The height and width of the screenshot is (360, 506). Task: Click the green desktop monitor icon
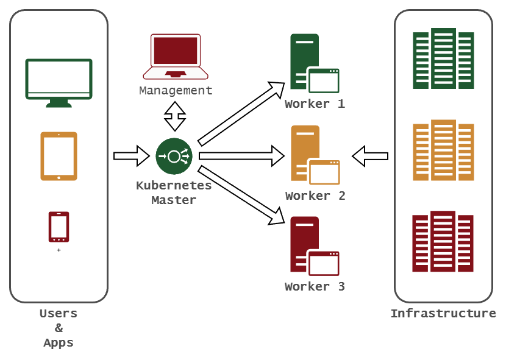[x=59, y=82]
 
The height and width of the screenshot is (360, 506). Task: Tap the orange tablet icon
[x=59, y=156]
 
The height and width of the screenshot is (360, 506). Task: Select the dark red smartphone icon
[x=59, y=227]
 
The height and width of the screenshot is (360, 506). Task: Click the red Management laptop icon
[x=176, y=57]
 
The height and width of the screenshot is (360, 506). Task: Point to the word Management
[x=176, y=91]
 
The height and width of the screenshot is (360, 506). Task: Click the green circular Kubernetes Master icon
[x=174, y=157]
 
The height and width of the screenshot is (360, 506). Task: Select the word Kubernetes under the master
[x=174, y=186]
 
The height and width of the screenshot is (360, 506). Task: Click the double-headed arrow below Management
[x=176, y=116]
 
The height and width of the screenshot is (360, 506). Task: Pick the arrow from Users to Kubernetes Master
[x=131, y=156]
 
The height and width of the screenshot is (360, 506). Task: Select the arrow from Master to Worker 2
[x=241, y=156]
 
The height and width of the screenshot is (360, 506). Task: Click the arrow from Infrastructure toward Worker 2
[x=370, y=156]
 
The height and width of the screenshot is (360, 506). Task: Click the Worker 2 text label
[x=315, y=196]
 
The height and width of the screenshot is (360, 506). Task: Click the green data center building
[x=443, y=58]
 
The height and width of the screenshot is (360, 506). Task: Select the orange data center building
[x=443, y=150]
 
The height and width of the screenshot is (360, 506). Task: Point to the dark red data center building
[x=443, y=242]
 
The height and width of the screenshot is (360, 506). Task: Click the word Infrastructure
[x=443, y=314]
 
